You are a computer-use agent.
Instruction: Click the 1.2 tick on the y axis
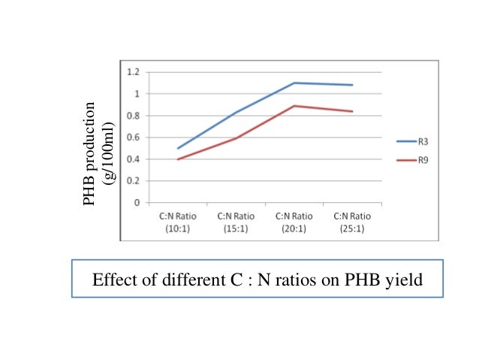click(134, 72)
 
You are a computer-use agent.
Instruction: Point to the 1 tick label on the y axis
click(137, 94)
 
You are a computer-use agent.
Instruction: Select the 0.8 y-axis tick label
click(134, 116)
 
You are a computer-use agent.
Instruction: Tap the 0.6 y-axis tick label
click(134, 138)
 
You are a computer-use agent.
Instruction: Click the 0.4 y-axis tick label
click(134, 159)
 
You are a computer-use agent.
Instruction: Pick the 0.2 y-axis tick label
click(134, 181)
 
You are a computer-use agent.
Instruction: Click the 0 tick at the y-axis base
click(137, 203)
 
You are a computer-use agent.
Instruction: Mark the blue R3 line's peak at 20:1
click(294, 83)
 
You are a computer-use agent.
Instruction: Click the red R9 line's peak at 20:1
click(294, 106)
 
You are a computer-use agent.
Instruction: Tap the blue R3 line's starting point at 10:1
click(178, 148)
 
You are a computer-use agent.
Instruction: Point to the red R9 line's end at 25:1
click(352, 111)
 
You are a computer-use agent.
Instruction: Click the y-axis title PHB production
click(90, 153)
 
